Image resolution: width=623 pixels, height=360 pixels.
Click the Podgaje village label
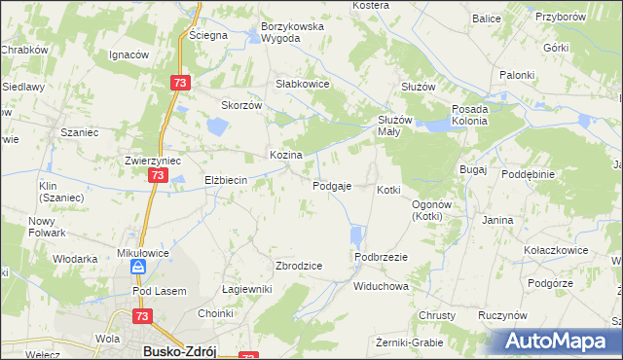click(x=331, y=186)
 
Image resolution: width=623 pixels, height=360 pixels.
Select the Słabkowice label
click(x=304, y=84)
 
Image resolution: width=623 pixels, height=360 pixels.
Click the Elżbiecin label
click(x=226, y=180)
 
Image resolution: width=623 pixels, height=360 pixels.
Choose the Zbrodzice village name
click(x=299, y=265)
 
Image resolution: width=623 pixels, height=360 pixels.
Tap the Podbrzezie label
click(x=381, y=256)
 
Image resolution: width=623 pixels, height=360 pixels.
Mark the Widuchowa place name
click(x=381, y=287)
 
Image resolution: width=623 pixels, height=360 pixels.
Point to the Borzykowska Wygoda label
click(x=292, y=32)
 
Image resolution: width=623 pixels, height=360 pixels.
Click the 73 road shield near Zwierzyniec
click(x=158, y=175)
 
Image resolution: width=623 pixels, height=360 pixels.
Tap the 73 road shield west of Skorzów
click(x=178, y=84)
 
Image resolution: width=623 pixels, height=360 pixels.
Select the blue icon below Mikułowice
click(x=140, y=266)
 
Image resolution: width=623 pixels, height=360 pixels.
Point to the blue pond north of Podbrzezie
click(x=356, y=235)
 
